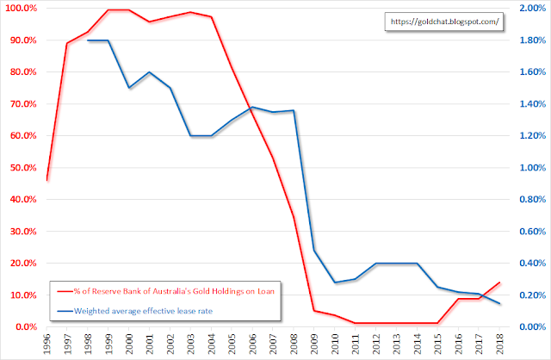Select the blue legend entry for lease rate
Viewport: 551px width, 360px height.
tap(146, 310)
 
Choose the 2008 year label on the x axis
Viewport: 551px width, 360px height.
tap(294, 344)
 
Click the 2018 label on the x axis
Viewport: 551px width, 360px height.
tap(501, 344)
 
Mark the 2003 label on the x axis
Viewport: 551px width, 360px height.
tap(191, 344)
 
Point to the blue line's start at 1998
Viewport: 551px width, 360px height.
tap(88, 40)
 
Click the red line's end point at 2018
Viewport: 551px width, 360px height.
tap(501, 282)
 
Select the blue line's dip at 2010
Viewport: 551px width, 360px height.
tap(336, 282)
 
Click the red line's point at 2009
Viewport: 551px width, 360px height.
tap(315, 311)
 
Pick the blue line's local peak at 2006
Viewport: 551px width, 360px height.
tap(253, 108)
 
